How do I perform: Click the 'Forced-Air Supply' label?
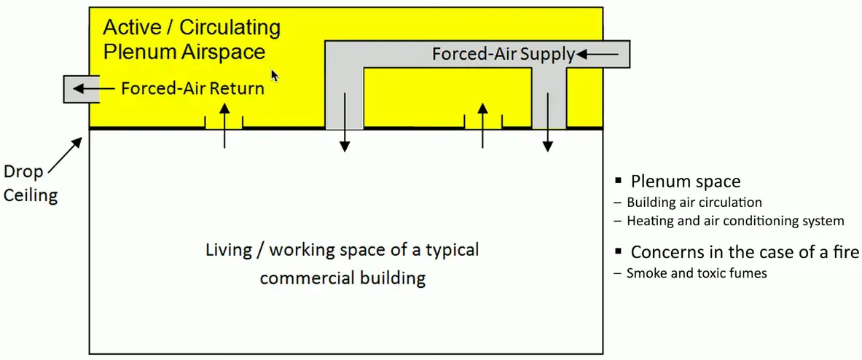[x=504, y=54]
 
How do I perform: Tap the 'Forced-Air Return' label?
[x=192, y=89]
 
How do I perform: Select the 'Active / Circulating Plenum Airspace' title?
[x=191, y=39]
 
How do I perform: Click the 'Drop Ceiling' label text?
[x=30, y=184]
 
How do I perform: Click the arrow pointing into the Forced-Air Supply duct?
[x=600, y=54]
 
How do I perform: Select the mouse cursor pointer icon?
[x=275, y=75]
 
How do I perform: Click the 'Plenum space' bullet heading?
[x=685, y=182]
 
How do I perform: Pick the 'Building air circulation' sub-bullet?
[x=694, y=202]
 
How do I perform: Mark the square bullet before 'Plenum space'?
[x=617, y=181]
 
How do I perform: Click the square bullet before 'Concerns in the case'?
[x=617, y=251]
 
